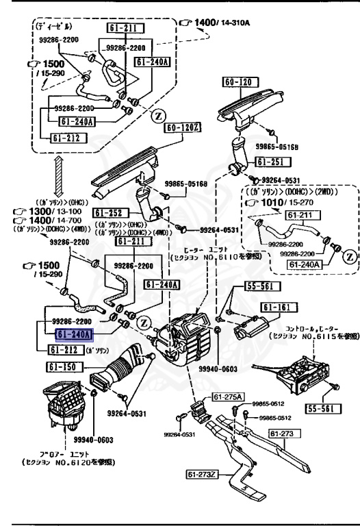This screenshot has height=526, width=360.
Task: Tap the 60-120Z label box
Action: click(181, 127)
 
